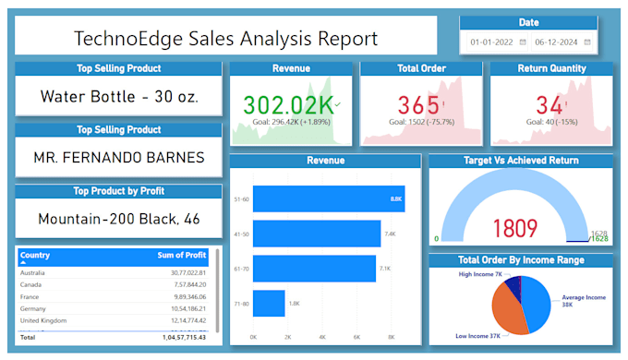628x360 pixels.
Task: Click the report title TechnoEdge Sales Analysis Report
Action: pos(225,38)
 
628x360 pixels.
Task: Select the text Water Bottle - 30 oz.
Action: pos(119,96)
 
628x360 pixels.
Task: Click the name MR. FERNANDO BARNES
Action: pos(119,157)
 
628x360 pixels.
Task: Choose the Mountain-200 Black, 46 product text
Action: pos(119,219)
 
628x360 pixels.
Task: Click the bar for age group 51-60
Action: pos(328,198)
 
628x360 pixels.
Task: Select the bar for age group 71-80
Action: pos(269,303)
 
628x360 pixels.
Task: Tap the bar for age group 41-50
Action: pos(316,234)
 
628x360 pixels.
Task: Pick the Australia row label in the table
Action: pos(33,272)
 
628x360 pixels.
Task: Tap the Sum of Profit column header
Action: pos(181,256)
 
